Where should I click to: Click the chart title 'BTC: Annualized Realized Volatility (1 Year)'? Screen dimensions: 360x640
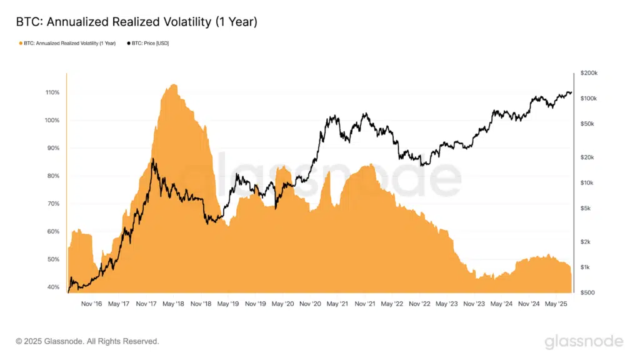pos(136,22)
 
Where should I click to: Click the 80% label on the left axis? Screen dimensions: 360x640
pos(52,176)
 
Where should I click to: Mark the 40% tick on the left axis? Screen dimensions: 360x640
pos(52,287)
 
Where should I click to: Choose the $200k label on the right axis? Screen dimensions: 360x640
pos(589,73)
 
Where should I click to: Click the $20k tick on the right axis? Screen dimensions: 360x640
pos(588,157)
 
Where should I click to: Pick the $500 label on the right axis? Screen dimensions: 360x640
pos(587,292)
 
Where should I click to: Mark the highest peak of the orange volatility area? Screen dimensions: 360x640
pos(173,84)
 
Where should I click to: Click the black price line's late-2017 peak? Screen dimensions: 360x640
pos(152,159)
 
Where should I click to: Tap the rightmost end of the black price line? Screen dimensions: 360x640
pos(571,92)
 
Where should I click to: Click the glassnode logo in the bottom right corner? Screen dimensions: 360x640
pos(583,341)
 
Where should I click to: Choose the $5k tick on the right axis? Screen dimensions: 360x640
pos(587,208)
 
